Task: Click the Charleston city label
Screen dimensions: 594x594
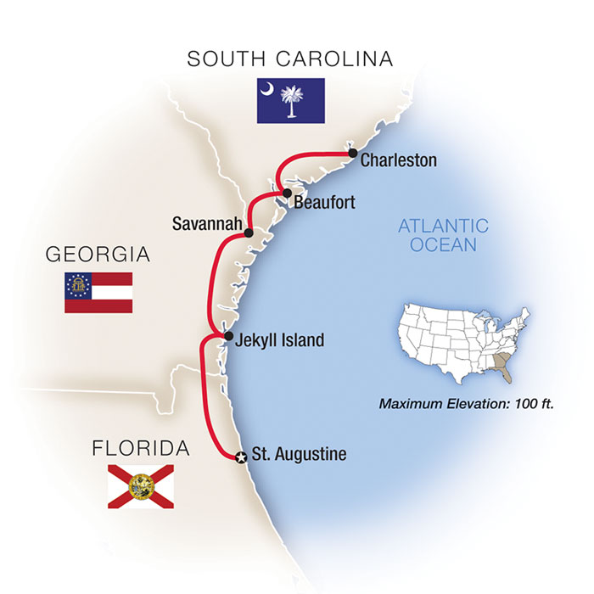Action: [399, 160]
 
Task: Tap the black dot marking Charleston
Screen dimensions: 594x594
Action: [350, 154]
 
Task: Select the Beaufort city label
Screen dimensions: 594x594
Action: [324, 203]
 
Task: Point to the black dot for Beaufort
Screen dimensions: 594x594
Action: [288, 193]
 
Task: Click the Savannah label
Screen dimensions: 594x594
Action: [205, 225]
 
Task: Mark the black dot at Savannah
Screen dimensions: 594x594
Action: [249, 233]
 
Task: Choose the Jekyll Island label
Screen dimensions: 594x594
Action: [281, 340]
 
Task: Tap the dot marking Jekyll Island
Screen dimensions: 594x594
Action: [227, 337]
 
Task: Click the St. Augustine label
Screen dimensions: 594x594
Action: [300, 455]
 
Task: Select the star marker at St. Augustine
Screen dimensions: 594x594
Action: [241, 457]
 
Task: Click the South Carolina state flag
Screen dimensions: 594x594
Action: [291, 101]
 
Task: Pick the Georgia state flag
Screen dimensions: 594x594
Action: [98, 293]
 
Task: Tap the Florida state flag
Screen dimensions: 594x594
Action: [140, 486]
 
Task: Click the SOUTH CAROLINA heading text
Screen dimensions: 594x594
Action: [291, 59]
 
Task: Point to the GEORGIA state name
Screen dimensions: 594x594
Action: [98, 254]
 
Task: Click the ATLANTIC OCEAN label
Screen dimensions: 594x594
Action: [443, 235]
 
